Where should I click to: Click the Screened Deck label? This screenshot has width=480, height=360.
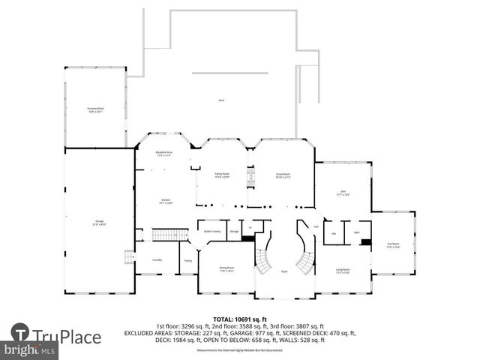click(94, 110)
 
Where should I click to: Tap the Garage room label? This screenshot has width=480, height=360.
click(99, 223)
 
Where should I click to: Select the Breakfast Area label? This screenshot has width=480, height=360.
click(164, 154)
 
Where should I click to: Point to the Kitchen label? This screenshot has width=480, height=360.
click(166, 202)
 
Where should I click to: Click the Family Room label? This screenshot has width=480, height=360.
click(222, 175)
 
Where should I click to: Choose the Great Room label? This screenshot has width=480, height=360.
click(282, 175)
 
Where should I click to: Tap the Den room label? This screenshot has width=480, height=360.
click(344, 193)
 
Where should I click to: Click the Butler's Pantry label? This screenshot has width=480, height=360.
click(212, 231)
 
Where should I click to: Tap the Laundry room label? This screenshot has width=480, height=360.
click(157, 259)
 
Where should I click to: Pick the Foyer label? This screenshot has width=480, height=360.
click(284, 271)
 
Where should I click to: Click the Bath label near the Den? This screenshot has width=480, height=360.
click(357, 232)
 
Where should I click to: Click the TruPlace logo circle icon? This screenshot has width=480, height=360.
click(20, 333)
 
